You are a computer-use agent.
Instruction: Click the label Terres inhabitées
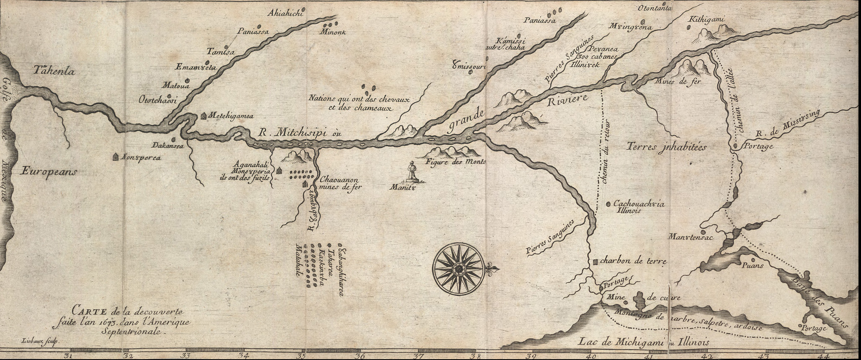click(667, 147)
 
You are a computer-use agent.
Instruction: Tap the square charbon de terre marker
click(595, 262)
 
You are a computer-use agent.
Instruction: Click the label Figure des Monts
click(456, 161)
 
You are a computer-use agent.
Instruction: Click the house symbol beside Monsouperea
click(115, 157)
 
